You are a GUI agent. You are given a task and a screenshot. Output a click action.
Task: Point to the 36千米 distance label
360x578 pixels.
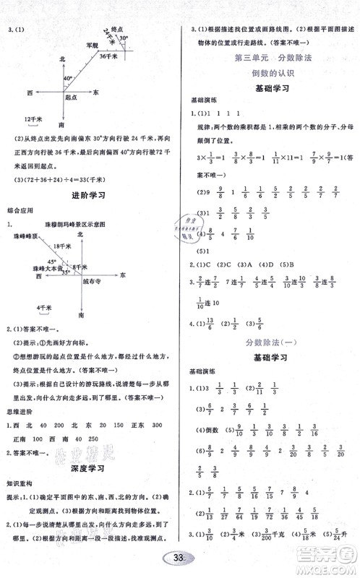[108, 56]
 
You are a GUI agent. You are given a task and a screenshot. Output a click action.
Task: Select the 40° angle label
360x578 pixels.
[69, 77]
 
